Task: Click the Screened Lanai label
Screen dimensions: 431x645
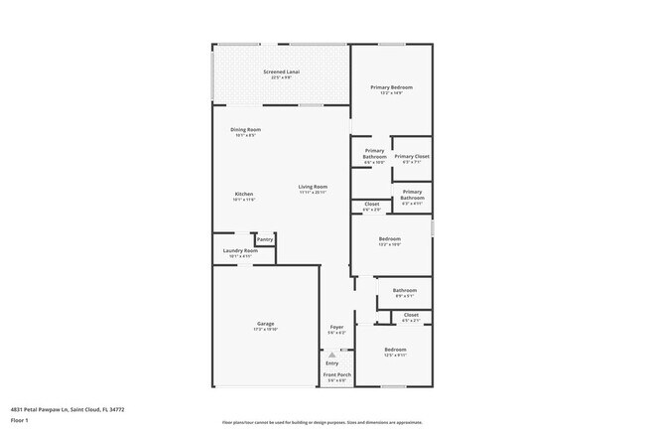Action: [x=282, y=72]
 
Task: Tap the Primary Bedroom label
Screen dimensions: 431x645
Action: [x=391, y=87]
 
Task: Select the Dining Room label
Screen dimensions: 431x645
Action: [x=245, y=130]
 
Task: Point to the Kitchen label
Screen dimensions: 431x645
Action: [x=244, y=194]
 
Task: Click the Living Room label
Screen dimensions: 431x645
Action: [x=314, y=187]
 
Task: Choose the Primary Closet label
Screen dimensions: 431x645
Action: [x=411, y=156]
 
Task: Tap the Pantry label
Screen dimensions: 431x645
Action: [x=264, y=239]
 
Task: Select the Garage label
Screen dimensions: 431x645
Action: [x=265, y=324]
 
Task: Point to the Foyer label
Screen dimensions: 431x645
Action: [x=336, y=327]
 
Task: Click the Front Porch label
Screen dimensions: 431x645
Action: [x=336, y=374]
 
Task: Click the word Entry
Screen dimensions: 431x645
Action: [x=331, y=363]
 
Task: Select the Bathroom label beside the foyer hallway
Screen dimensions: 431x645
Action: [x=404, y=290]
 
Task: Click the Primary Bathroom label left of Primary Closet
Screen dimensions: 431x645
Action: [x=374, y=154]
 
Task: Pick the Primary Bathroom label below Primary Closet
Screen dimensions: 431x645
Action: [x=412, y=194]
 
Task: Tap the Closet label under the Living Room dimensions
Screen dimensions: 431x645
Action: [x=371, y=205]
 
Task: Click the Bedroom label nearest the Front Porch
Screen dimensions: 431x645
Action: [x=395, y=350]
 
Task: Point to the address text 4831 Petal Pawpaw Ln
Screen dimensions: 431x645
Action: [x=67, y=408]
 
